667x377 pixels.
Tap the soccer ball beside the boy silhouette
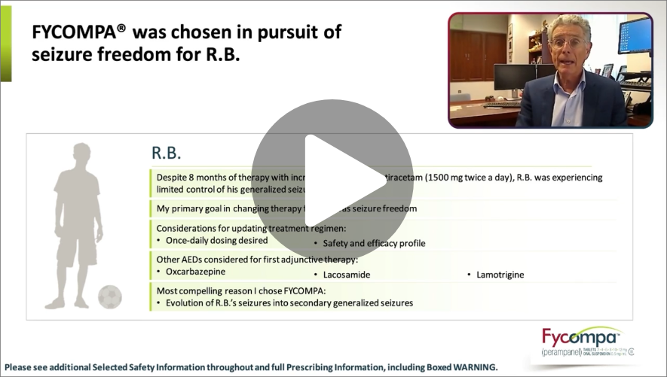(x=110, y=296)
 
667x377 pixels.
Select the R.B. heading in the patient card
(x=167, y=153)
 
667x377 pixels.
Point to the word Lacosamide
(x=347, y=275)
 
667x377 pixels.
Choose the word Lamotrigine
(x=500, y=275)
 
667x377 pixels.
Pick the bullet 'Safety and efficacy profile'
(x=374, y=243)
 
